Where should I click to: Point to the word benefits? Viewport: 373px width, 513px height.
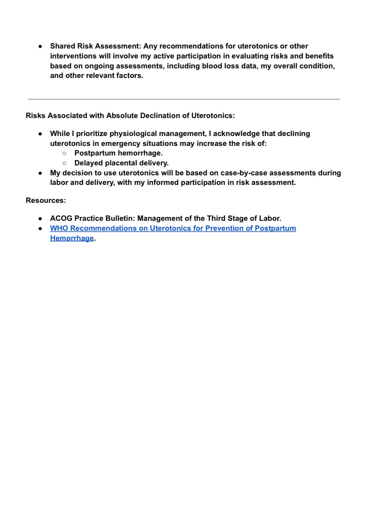click(319, 56)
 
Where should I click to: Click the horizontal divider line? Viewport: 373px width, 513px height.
click(184, 99)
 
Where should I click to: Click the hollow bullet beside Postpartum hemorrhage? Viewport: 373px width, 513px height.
click(64, 153)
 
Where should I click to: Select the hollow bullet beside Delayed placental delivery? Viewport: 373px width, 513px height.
click(64, 163)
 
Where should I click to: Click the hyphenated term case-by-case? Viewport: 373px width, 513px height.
click(244, 173)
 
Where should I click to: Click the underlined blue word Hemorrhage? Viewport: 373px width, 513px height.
click(72, 238)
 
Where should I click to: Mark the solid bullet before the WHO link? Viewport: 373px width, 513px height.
click(40, 228)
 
